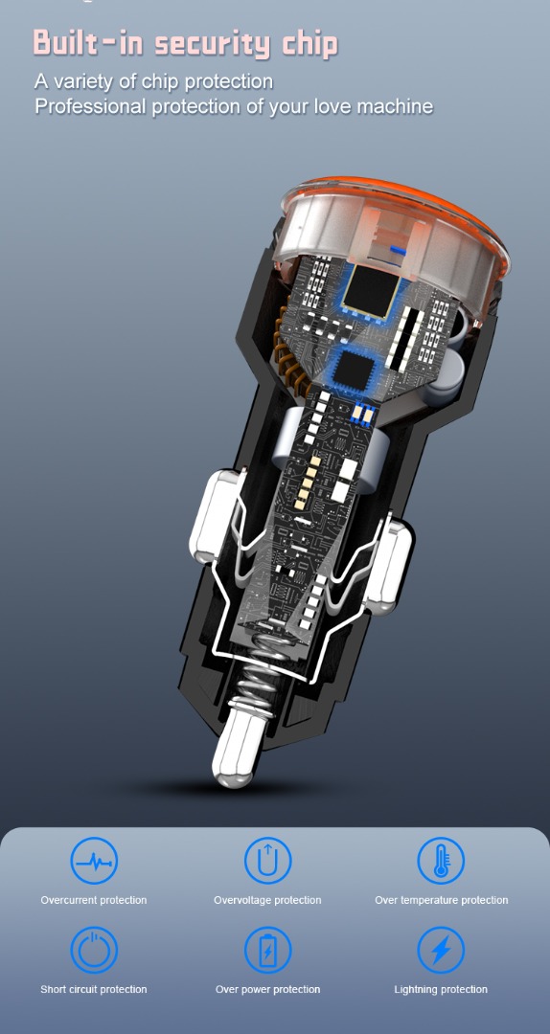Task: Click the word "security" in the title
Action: (214, 44)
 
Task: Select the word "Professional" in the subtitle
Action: (91, 106)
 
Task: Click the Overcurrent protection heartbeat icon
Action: (95, 862)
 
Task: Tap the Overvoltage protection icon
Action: (267, 862)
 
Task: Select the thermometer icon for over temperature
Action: (441, 862)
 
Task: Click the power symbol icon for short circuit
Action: (95, 951)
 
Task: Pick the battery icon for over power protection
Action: (267, 951)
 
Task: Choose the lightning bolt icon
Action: (441, 951)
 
